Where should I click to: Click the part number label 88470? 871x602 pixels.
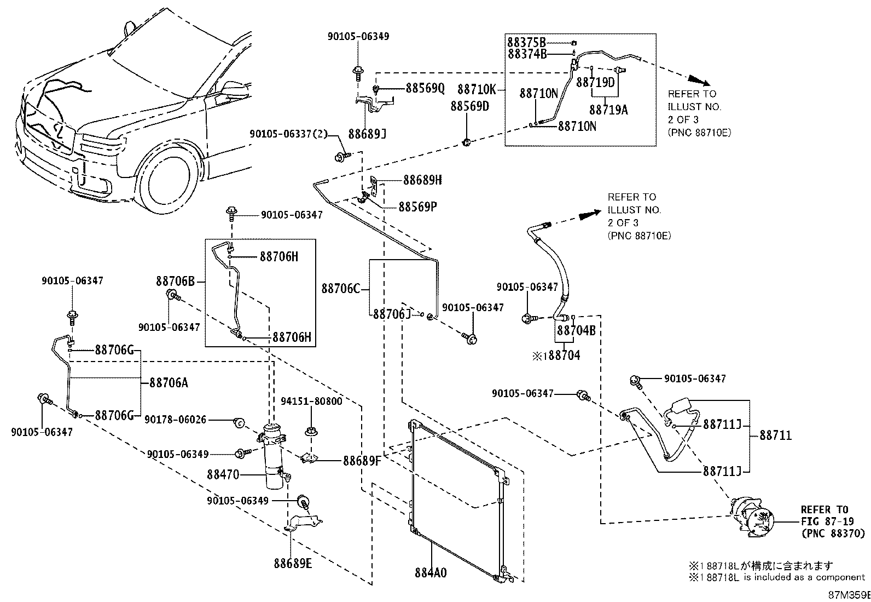[223, 475]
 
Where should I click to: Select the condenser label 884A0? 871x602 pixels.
[431, 573]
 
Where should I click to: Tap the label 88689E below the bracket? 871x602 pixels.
[293, 564]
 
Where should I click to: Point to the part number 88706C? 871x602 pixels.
[341, 289]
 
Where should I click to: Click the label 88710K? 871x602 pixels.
[477, 89]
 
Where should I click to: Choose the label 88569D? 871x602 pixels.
[470, 106]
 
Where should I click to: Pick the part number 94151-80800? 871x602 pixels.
[311, 402]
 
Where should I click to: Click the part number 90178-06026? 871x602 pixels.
[176, 420]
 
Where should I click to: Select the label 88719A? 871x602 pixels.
[608, 110]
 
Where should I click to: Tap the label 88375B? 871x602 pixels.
[526, 42]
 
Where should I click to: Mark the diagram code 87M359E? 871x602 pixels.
[849, 595]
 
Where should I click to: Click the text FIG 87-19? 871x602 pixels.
[827, 521]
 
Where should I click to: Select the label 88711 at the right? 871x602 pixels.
[776, 435]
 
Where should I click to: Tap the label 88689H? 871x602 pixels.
[422, 180]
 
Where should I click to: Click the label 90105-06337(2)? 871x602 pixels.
[288, 134]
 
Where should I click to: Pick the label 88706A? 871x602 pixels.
[169, 383]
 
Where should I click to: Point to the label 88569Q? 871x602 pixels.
[425, 88]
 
